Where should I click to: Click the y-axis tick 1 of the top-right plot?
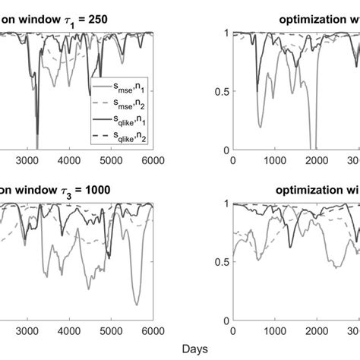[x=223, y=33]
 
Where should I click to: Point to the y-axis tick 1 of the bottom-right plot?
[x=223, y=204]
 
